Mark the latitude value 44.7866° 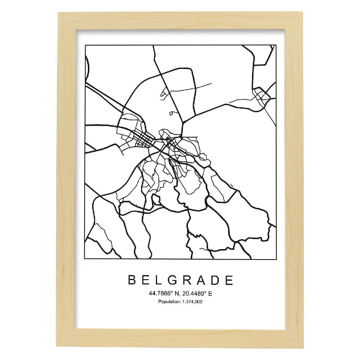(x=159, y=294)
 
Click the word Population (x=168, y=302)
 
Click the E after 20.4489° (x=210, y=294)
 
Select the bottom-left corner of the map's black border (x=85, y=259)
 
